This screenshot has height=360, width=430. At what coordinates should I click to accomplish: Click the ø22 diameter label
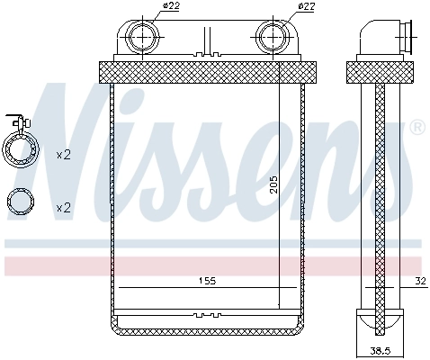170,8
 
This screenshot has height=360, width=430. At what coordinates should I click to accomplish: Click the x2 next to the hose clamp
63,155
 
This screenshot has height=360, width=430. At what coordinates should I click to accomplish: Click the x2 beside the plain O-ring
63,208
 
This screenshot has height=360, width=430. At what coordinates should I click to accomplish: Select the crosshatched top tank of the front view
207,69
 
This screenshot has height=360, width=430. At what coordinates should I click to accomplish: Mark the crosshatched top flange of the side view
381,69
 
